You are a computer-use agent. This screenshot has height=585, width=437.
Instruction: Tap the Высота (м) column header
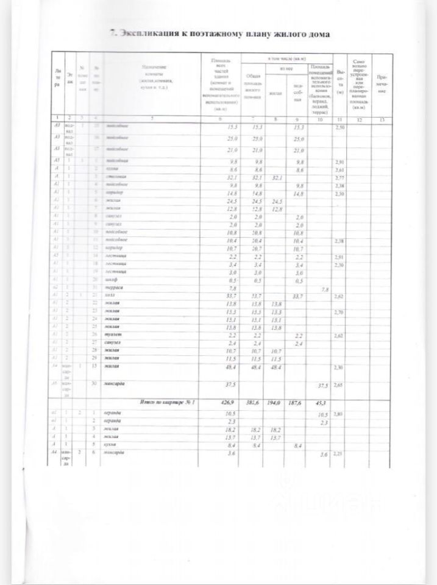point(341,85)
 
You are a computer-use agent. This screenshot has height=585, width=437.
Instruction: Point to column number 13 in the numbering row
point(381,119)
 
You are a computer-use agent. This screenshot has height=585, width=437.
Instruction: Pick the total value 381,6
point(250,403)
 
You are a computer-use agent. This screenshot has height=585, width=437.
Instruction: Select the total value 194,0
point(275,403)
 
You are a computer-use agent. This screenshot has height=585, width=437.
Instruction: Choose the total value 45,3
point(319,403)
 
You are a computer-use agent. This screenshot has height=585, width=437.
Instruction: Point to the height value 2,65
point(341,385)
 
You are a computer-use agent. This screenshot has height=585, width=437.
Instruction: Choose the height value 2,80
point(341,414)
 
